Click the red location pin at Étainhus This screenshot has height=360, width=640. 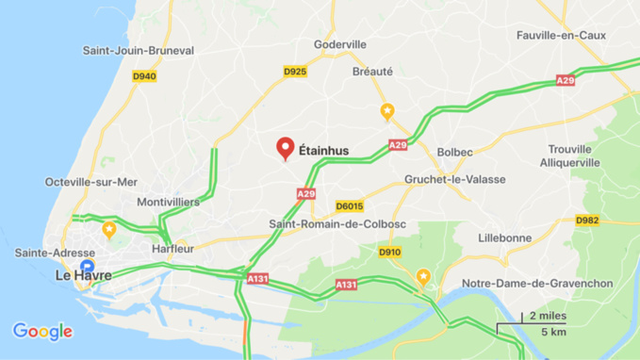pyautogui.click(x=285, y=148)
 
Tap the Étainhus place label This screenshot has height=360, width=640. pyautogui.click(x=323, y=149)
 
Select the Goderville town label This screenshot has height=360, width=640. pyautogui.click(x=339, y=44)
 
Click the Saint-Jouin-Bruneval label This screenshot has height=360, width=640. pyautogui.click(x=138, y=50)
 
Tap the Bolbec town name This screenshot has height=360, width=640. pyautogui.click(x=454, y=151)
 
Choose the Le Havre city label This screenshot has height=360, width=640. pyautogui.click(x=83, y=275)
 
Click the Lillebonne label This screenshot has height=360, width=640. pyautogui.click(x=504, y=237)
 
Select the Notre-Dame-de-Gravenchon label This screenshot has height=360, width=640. pyautogui.click(x=537, y=284)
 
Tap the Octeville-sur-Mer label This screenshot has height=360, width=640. pyautogui.click(x=90, y=182)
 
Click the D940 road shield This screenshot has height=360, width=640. pyautogui.click(x=143, y=76)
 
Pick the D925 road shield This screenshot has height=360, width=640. pyautogui.click(x=295, y=71)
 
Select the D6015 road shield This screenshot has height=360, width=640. pyautogui.click(x=349, y=205)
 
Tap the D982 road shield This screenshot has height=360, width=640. pyautogui.click(x=587, y=220)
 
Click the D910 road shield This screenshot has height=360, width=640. pyautogui.click(x=389, y=252)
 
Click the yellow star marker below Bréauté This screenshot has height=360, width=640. pyautogui.click(x=386, y=111)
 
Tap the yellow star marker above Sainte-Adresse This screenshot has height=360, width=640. pyautogui.click(x=109, y=229)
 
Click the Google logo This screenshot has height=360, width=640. pyautogui.click(x=42, y=331)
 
